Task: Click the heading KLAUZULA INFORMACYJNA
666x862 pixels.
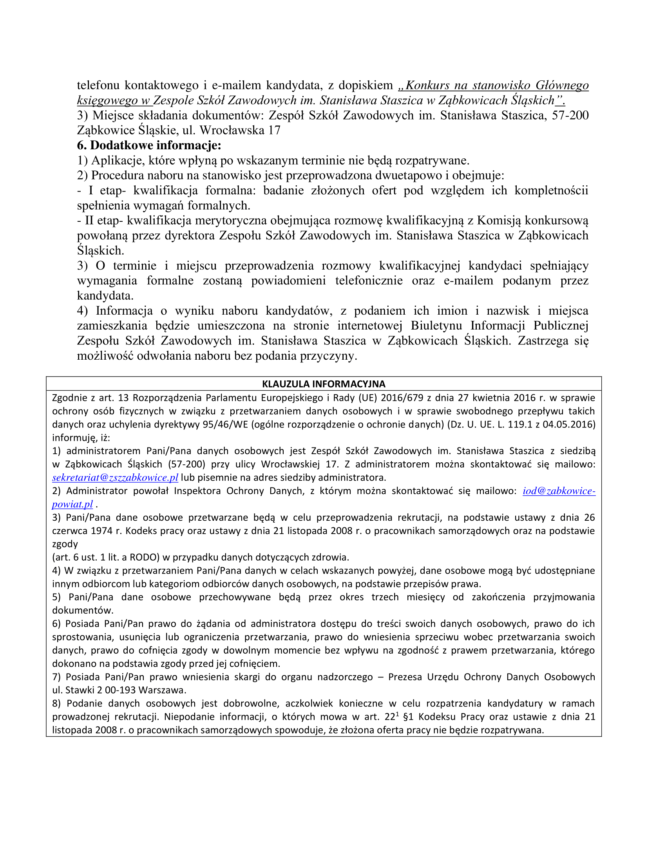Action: (324, 384)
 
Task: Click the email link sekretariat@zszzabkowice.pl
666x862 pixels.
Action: (115, 478)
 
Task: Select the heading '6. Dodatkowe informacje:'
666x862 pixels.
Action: (149, 145)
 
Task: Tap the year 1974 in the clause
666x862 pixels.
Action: (102, 531)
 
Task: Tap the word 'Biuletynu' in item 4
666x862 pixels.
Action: (436, 326)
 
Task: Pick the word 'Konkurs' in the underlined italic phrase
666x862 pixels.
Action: (428, 85)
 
